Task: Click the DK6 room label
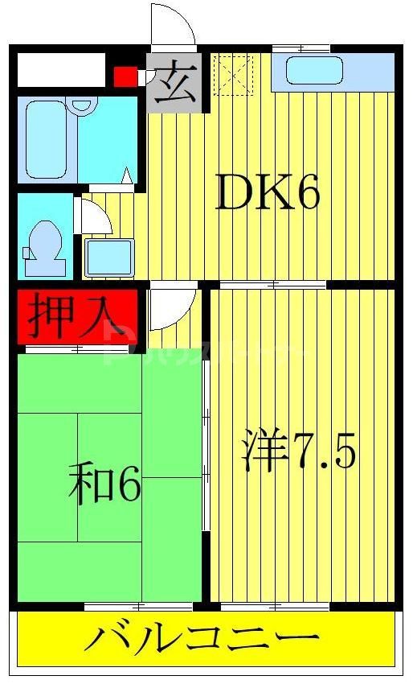pos(268,193)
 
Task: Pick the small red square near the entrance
pos(124,76)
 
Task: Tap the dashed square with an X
pos(232,75)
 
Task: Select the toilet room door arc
pos(93,216)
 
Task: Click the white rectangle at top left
pos(60,71)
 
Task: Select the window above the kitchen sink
pos(301,50)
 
